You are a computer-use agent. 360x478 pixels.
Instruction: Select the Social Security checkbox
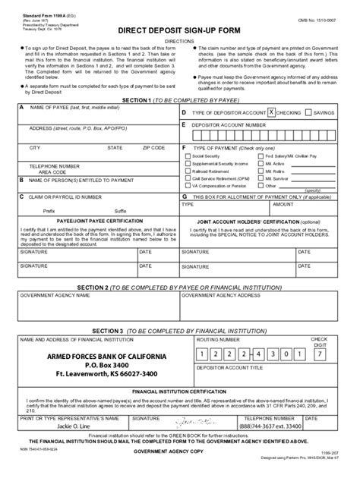pos(188,156)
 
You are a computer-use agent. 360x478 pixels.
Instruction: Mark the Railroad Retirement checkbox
pos(188,171)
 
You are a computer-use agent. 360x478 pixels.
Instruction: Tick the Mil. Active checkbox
pos(261,164)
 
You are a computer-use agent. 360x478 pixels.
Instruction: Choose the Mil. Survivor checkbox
pos(261,178)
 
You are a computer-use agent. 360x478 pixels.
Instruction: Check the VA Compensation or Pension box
pos(188,185)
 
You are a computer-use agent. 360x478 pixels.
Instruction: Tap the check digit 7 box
pos(321,354)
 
